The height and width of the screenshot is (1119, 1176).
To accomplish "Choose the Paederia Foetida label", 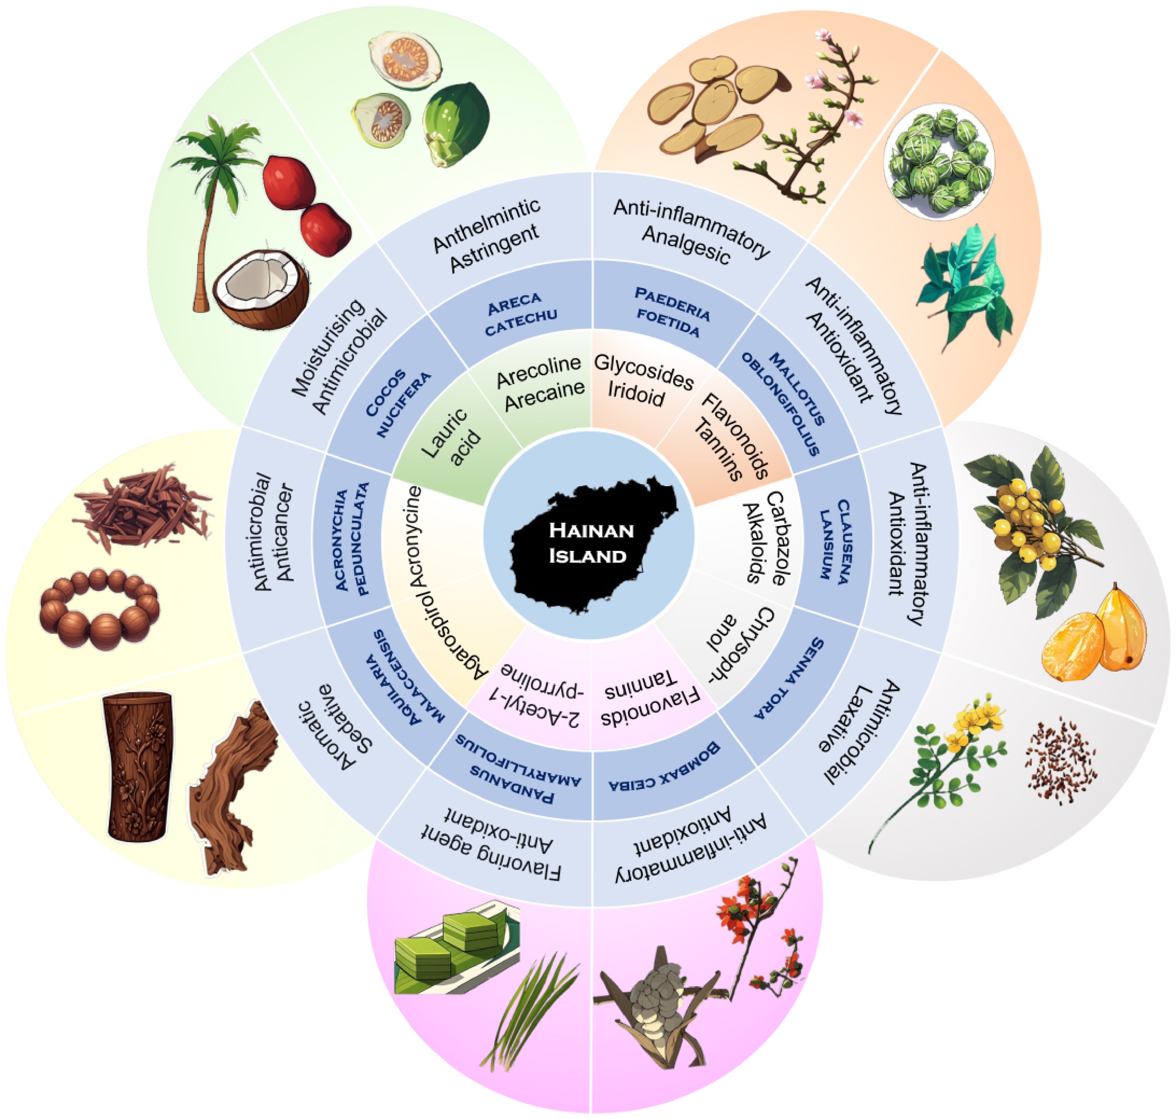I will coord(671,312).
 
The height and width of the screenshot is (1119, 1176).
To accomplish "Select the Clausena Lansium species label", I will coord(833,540).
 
